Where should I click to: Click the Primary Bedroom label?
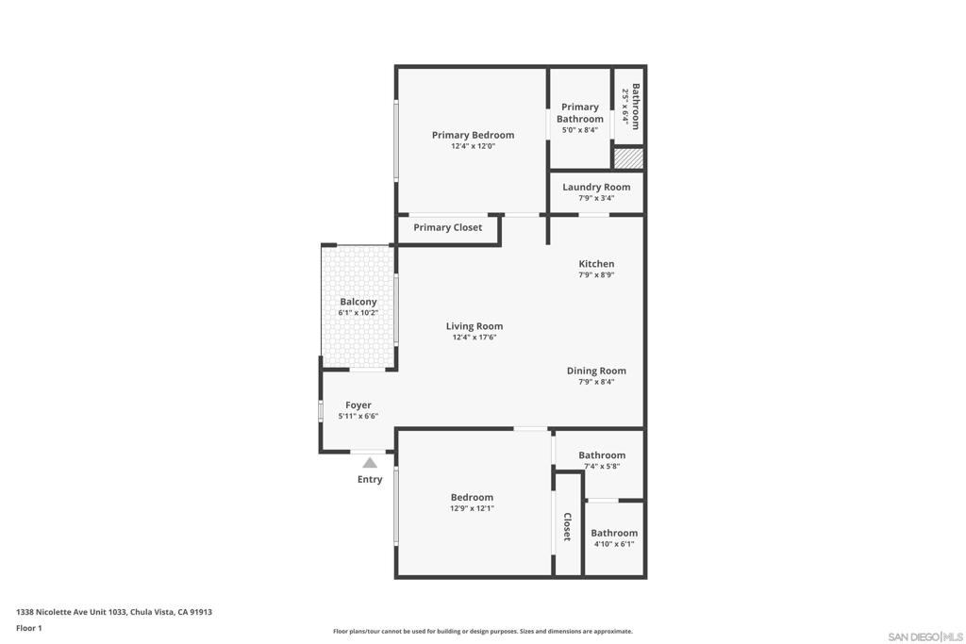474,135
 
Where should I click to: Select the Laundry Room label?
596,188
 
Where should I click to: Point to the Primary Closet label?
448,228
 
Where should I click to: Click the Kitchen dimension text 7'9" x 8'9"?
596,275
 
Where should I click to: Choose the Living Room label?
475,326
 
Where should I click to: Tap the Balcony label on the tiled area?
358,302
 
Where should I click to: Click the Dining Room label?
596,371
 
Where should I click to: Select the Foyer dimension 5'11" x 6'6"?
358,416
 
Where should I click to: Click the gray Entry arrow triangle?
370,462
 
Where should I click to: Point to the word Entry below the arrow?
370,479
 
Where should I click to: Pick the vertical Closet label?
567,526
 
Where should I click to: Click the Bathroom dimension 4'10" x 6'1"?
614,544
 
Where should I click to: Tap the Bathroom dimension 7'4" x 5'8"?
602,467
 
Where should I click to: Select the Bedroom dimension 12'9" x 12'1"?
472,508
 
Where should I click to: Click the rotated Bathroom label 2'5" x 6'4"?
631,107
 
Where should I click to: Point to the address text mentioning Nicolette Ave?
114,612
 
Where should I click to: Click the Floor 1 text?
29,628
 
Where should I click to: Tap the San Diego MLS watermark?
925,636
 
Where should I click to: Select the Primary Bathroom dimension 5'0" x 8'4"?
580,130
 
